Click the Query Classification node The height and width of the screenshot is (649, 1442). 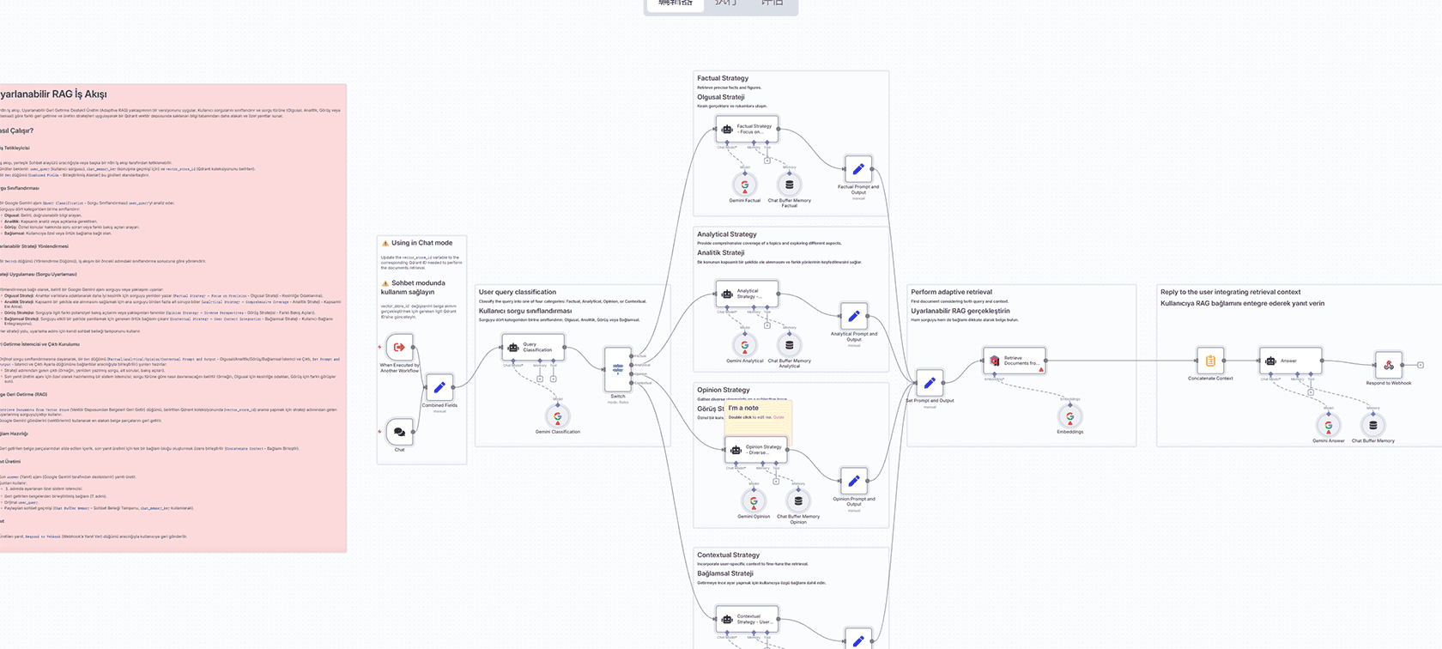532,348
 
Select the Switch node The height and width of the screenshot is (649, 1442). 618,369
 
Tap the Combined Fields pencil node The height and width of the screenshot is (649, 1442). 439,387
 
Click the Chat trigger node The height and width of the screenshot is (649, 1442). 399,432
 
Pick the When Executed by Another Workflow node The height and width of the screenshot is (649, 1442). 399,347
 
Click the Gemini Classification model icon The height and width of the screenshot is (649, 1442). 558,416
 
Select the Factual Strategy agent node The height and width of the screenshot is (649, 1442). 747,129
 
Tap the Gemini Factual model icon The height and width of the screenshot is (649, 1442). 745,185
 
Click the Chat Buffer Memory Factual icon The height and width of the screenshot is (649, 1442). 789,185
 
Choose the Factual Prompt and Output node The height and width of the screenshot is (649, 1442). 857,169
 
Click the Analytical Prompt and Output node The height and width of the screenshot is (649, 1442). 853,317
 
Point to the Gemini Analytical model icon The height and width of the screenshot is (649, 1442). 745,345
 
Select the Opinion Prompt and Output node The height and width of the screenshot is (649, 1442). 853,482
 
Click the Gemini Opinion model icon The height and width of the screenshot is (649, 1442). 754,501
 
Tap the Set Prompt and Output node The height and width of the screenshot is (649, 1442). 929,384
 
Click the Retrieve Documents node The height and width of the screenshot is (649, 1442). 1014,361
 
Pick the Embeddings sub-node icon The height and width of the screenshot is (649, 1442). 1069,416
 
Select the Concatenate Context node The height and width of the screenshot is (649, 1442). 1210,361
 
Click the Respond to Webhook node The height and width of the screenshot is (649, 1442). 1388,366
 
